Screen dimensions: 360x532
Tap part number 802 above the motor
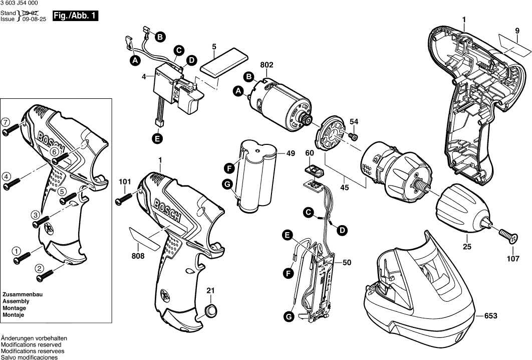point(267,65)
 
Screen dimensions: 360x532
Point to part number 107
point(513,259)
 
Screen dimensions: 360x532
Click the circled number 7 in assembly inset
point(5,122)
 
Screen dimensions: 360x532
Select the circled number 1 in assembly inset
point(16,250)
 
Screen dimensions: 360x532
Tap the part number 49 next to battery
point(290,154)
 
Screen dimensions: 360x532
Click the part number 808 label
point(138,256)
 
